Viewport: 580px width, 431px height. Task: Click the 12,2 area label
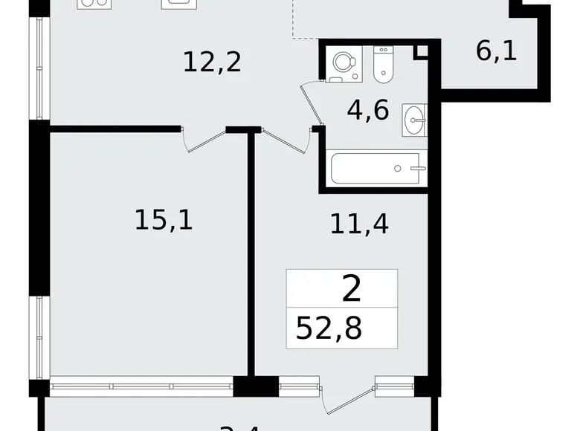click(212, 62)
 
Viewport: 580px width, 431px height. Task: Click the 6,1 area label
click(496, 52)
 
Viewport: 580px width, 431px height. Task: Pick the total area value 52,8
click(329, 328)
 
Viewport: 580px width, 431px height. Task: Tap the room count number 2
click(352, 288)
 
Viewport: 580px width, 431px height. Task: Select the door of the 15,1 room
click(205, 139)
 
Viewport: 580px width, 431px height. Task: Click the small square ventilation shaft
click(422, 51)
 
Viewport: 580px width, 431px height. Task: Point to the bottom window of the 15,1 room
click(141, 386)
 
